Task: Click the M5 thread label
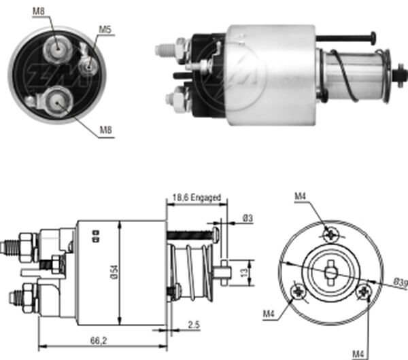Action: tap(105, 30)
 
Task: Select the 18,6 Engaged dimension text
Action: tap(197, 198)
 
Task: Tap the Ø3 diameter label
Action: tap(247, 219)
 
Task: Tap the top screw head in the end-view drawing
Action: tap(330, 234)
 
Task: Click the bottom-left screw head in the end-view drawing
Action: tap(299, 291)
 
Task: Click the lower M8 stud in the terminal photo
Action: tap(56, 101)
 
